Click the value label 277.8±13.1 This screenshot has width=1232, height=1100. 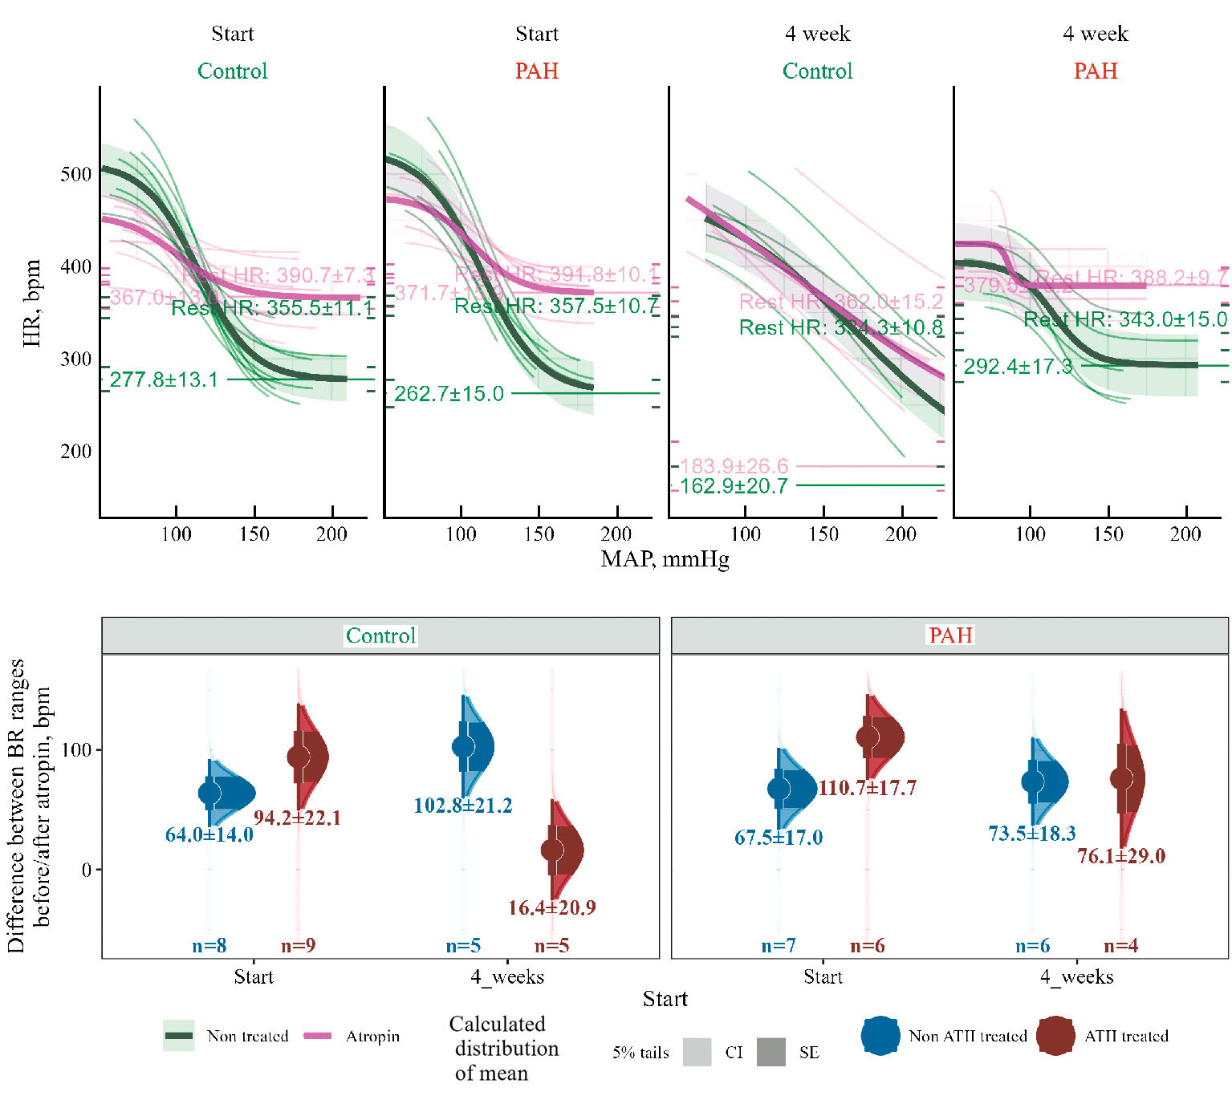pyautogui.click(x=164, y=380)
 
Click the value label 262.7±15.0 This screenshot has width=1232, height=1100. pyautogui.click(x=449, y=394)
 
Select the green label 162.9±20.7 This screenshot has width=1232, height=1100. pyautogui.click(x=734, y=486)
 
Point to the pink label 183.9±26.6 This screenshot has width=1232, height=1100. pyautogui.click(x=734, y=466)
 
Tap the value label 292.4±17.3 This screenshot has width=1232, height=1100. pyautogui.click(x=1018, y=367)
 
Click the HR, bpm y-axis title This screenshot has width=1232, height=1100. pyautogui.click(x=32, y=303)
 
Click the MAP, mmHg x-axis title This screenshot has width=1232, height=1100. pyautogui.click(x=665, y=558)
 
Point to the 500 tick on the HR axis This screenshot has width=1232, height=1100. pyautogui.click(x=76, y=174)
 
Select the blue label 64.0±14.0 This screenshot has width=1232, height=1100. pyautogui.click(x=209, y=834)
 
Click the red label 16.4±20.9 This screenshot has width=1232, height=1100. pyautogui.click(x=552, y=907)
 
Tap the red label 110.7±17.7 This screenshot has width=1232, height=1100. pyautogui.click(x=867, y=788)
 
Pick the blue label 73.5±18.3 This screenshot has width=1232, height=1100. pyautogui.click(x=1032, y=834)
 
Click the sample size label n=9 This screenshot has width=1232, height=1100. pyautogui.click(x=298, y=946)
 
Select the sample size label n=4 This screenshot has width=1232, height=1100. pyautogui.click(x=1120, y=946)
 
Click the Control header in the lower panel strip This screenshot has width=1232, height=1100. pyautogui.click(x=380, y=636)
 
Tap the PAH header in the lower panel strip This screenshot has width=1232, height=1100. pyautogui.click(x=950, y=635)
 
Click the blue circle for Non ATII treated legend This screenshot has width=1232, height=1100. pyautogui.click(x=880, y=1036)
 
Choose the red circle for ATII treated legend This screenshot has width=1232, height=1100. pyautogui.click(x=1055, y=1036)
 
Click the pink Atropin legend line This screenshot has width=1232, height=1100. pyautogui.click(x=318, y=1036)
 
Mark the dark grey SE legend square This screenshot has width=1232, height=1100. pyautogui.click(x=771, y=1052)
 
